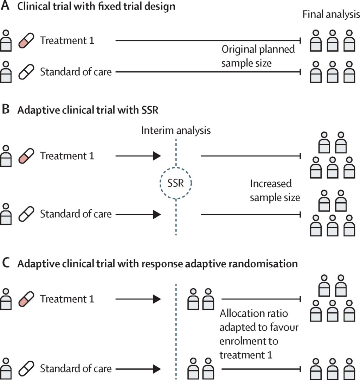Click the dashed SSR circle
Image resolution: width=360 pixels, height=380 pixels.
(175, 183)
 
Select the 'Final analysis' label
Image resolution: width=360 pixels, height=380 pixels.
(331, 15)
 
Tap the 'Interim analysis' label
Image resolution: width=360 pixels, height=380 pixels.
(176, 131)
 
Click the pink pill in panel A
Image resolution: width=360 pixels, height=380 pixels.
(26, 40)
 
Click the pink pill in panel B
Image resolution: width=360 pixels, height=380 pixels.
(26, 156)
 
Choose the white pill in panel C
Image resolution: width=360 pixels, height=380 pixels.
(26, 368)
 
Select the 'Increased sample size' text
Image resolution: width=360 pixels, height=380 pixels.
(275, 190)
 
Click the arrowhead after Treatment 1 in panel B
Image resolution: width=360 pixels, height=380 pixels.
(156, 156)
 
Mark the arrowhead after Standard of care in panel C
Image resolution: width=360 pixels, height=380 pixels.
(156, 368)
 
